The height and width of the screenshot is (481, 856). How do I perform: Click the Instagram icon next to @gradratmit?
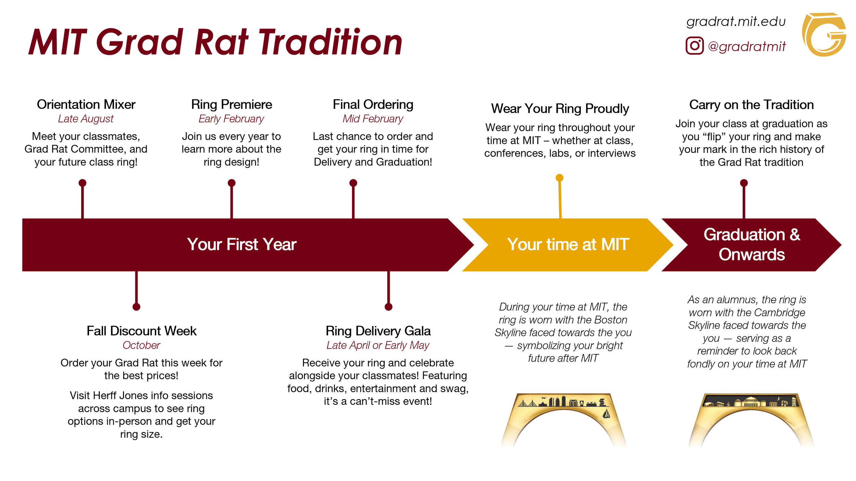point(694,45)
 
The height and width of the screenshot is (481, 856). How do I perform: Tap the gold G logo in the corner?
point(824,34)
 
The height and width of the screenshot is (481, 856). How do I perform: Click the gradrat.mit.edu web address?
point(736,22)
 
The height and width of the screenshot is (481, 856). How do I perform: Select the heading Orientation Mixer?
point(86,104)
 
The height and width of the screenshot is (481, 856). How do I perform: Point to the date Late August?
point(86,119)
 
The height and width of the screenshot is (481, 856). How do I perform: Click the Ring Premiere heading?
point(231,104)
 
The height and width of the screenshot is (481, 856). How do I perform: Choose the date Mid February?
point(373,119)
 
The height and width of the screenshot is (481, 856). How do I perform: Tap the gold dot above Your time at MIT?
point(559,178)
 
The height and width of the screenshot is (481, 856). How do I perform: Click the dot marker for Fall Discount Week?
point(136,307)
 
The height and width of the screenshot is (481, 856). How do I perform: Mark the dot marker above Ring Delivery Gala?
point(388,307)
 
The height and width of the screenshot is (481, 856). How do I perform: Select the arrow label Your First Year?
point(242,244)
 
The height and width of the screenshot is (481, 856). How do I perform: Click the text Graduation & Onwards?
point(752,244)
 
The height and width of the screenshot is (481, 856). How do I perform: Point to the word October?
point(141,345)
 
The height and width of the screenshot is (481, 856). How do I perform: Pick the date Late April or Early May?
point(378,345)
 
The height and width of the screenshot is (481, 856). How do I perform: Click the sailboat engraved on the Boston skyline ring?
point(606,414)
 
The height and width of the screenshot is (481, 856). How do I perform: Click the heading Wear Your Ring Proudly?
point(560,108)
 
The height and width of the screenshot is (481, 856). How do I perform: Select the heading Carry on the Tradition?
point(751,105)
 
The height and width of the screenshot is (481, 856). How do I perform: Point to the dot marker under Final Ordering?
point(353,183)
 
